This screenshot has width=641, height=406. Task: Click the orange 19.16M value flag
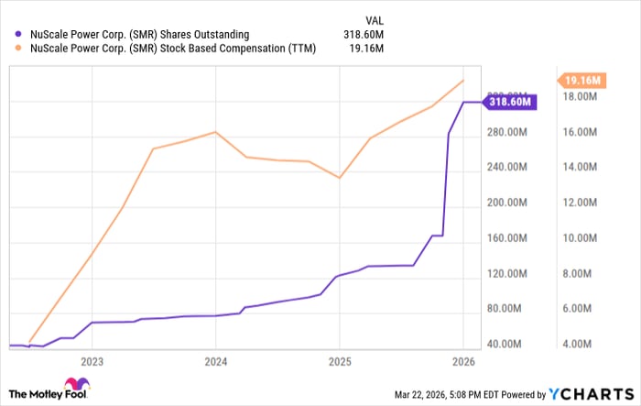pos(581,81)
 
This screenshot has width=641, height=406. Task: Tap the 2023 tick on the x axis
pos(92,361)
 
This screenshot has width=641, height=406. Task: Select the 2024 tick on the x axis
pos(215,361)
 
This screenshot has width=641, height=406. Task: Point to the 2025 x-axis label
pos(339,361)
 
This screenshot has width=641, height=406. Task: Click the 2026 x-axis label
pos(462,361)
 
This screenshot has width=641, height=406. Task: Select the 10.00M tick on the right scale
pos(581,238)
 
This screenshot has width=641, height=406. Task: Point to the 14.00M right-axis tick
pos(581,168)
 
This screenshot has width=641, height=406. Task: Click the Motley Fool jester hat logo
pos(74,386)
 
